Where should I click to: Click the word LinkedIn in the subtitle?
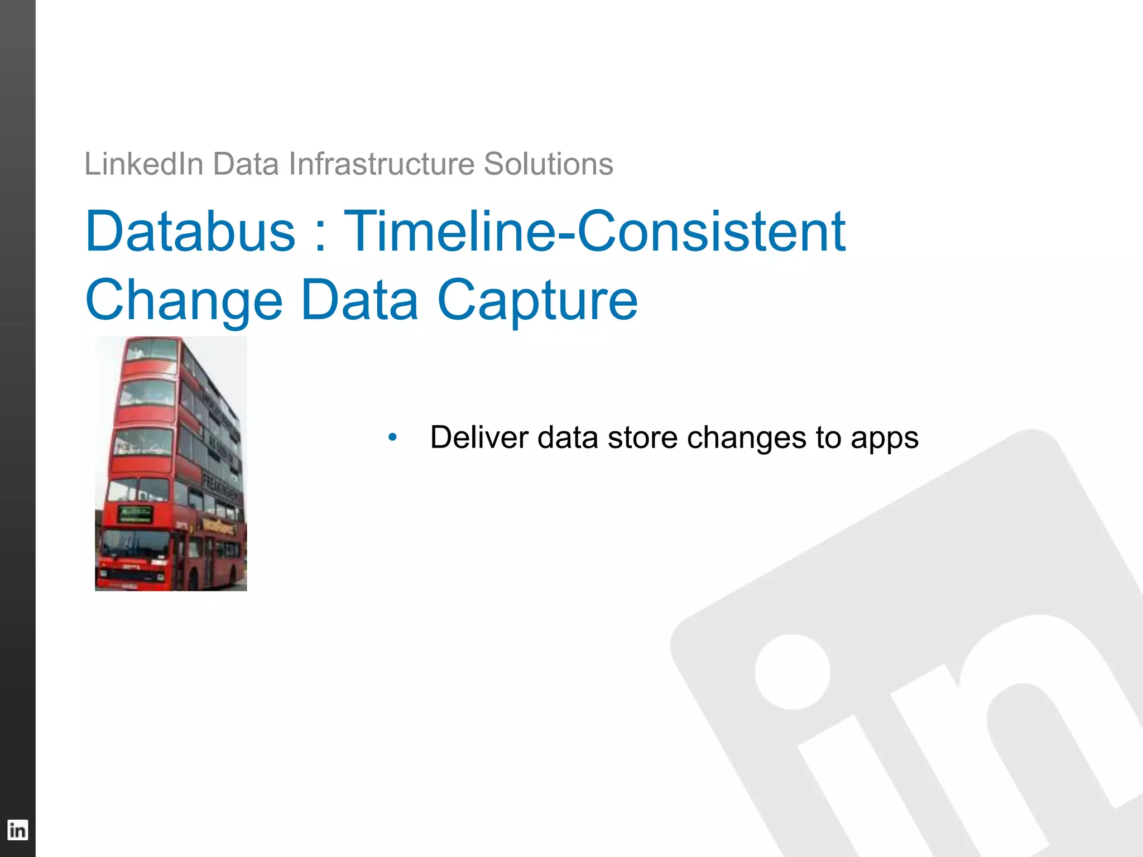click(143, 164)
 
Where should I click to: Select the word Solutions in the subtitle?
click(548, 164)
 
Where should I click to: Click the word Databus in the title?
click(190, 231)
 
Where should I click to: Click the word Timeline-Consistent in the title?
click(594, 231)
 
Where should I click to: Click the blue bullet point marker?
click(392, 437)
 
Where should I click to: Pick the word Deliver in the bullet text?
click(479, 437)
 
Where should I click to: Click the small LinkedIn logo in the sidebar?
click(17, 830)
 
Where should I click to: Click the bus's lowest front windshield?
click(134, 544)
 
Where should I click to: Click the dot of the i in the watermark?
click(792, 672)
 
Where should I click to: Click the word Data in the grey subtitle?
click(246, 164)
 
